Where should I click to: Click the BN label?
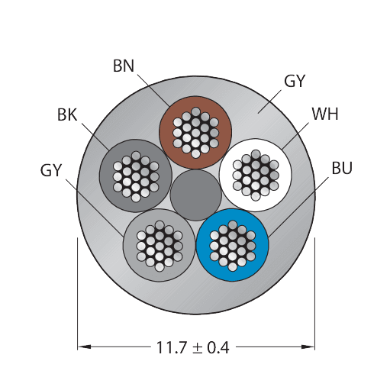(124, 66)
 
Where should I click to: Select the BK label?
(67, 114)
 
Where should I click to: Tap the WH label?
(325, 114)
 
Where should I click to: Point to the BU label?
(342, 168)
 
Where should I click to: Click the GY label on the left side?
(51, 170)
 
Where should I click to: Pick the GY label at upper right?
(294, 81)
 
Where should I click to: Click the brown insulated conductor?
(195, 132)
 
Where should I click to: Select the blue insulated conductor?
(232, 245)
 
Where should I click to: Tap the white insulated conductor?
(256, 175)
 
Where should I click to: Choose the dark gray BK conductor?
(135, 176)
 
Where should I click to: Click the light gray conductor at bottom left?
(160, 246)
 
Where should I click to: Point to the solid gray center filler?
(196, 195)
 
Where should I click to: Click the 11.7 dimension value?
(171, 347)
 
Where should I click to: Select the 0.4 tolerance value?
(218, 347)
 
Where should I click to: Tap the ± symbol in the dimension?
(197, 348)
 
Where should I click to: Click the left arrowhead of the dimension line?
(84, 346)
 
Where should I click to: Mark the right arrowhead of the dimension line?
(308, 346)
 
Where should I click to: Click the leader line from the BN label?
(153, 90)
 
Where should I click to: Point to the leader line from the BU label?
(298, 208)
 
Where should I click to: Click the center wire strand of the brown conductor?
(195, 132)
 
